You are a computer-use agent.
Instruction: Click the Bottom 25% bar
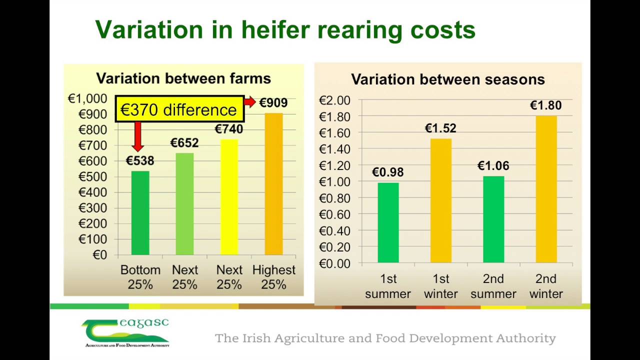coord(140,213)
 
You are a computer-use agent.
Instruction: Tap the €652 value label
coord(184,143)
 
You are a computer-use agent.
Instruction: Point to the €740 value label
coord(229,129)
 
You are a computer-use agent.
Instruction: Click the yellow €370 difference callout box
coord(179,109)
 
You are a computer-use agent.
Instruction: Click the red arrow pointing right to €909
coord(250,102)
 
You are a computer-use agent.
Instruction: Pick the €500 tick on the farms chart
coord(92,176)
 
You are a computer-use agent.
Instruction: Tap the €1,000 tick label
coord(87,99)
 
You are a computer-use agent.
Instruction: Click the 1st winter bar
coord(440,200)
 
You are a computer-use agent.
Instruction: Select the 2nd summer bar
coord(493,219)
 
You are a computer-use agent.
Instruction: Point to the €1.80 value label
coord(545,105)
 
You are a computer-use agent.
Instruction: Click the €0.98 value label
coord(387,172)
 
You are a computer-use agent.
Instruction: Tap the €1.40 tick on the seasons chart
coord(334,149)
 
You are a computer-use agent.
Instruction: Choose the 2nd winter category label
coord(545,286)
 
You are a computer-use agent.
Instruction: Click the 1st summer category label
coord(387,286)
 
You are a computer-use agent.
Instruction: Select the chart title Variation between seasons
coord(447,79)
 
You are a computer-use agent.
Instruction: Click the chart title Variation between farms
coord(183,78)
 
